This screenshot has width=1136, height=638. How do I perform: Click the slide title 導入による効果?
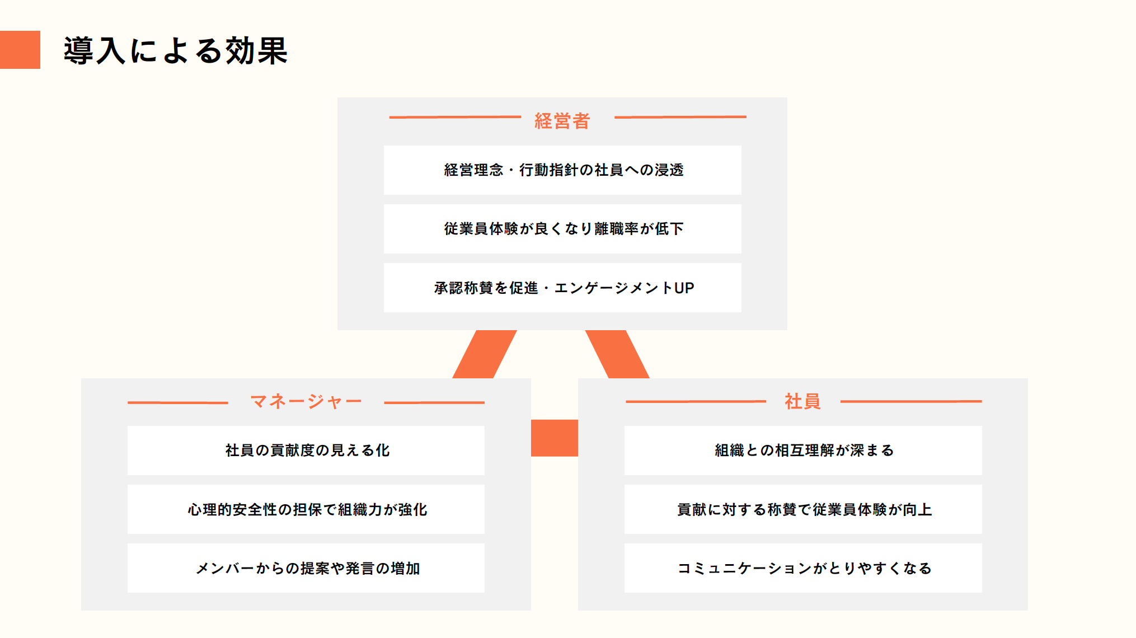coord(175,50)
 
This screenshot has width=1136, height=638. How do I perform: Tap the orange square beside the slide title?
coord(20,50)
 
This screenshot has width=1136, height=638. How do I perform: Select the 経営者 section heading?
coord(562,121)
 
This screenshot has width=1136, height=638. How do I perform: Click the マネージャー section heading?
coord(306,401)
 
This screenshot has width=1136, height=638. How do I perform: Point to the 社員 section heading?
coord(802,401)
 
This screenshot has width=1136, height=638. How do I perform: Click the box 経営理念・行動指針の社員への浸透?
coord(562,170)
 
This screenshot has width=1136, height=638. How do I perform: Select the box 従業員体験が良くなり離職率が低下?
coord(562,229)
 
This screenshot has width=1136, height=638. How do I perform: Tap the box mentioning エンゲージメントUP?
coord(562,288)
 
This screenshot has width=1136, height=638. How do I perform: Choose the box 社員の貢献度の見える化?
coord(306,451)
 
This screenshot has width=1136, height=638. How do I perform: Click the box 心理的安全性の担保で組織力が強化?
coord(306,509)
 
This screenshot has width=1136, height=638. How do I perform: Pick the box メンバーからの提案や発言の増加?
coord(306,568)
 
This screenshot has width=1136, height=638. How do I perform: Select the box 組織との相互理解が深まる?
coord(803,451)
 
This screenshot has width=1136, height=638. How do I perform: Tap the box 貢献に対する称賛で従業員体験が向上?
coord(803,509)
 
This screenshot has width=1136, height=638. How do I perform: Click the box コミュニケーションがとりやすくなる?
coord(803,568)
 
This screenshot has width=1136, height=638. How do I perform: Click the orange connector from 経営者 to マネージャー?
coord(485,354)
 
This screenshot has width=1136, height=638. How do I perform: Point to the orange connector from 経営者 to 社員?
coord(617,354)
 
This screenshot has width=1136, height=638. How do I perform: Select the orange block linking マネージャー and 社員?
coord(554,438)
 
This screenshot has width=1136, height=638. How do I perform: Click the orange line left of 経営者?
coord(455,117)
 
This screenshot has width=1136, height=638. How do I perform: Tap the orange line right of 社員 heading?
coord(910,401)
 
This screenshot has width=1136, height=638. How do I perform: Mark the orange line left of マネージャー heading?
coord(178,402)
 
